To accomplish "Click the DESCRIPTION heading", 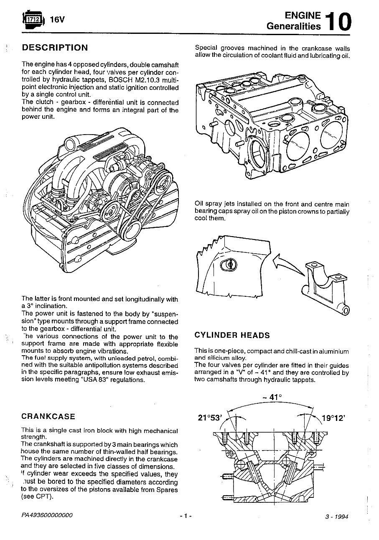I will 55,48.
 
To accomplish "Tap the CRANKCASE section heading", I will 48,416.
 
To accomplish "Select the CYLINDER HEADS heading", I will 232,335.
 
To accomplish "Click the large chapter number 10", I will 339,22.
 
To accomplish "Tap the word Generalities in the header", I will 294,26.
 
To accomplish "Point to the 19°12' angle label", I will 333,418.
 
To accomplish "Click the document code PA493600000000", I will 47,515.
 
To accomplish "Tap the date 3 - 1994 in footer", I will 336,516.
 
